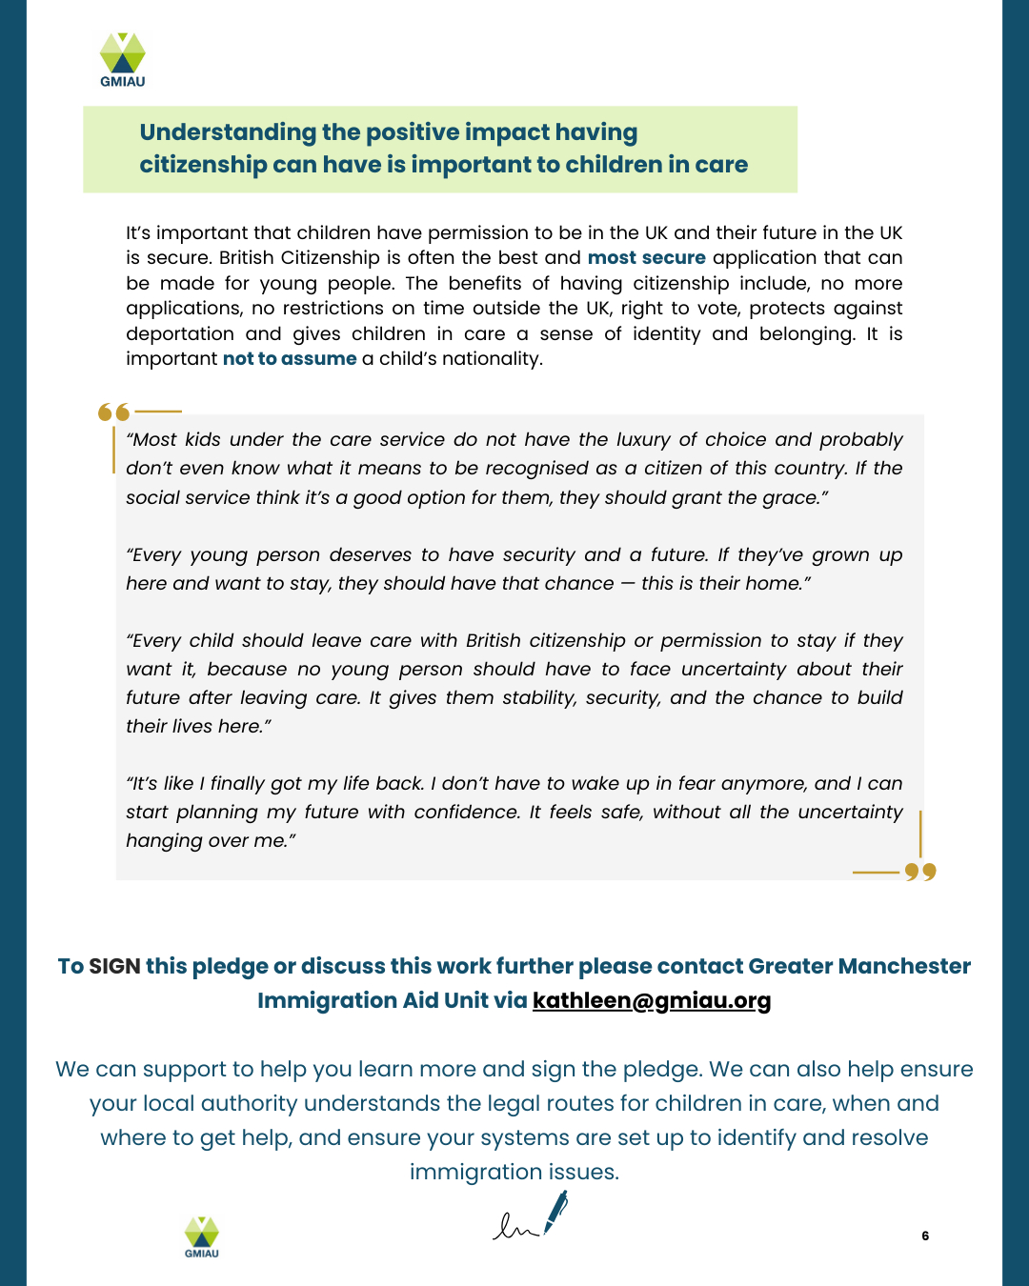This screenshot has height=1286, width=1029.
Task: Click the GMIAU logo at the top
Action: [123, 59]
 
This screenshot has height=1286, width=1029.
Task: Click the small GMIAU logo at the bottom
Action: [201, 1236]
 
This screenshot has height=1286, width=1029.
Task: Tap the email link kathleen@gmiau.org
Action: [652, 1000]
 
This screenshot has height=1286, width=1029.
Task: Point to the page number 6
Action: [925, 1236]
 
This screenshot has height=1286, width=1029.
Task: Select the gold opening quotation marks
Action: [113, 412]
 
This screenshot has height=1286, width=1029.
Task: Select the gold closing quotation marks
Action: [920, 872]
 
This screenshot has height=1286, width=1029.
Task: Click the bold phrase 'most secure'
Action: [646, 258]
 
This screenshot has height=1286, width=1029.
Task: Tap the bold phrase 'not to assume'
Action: [290, 359]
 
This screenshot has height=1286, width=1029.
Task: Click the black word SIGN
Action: [114, 967]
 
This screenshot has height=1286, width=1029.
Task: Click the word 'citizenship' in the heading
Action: [203, 165]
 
